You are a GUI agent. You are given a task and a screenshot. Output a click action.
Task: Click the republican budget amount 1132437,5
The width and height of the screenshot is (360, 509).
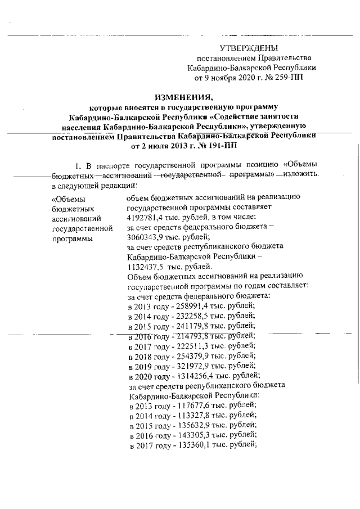(146, 266)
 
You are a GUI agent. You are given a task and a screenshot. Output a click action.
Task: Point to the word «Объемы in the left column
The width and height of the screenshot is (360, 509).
(67, 198)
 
